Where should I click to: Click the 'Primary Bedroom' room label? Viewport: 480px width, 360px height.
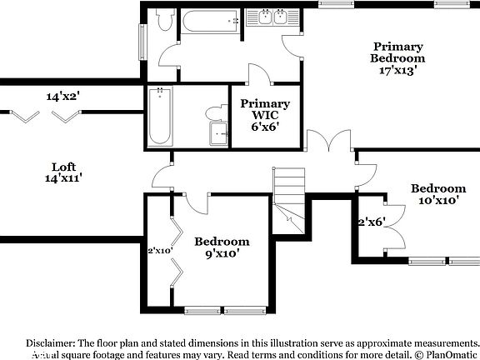397,52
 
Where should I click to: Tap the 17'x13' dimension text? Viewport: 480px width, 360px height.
397,71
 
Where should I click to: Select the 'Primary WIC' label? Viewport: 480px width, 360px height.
265,110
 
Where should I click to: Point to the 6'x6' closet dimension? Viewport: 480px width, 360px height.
265,127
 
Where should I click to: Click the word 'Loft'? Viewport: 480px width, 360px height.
64,166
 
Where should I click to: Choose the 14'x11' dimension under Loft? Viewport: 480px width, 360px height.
64,177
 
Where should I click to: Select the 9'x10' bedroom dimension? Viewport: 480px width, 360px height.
222,253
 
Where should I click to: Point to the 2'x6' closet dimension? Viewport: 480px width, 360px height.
371,222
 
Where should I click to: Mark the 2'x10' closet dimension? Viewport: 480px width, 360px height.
159,250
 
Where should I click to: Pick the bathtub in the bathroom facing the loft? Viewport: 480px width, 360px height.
160,117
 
